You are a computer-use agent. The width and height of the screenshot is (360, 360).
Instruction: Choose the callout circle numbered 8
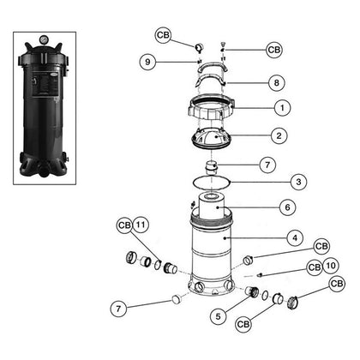[277, 83]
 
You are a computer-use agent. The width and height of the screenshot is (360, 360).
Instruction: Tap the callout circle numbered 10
[330, 267]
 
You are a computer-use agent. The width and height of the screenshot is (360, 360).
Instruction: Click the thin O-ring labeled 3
[210, 182]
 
